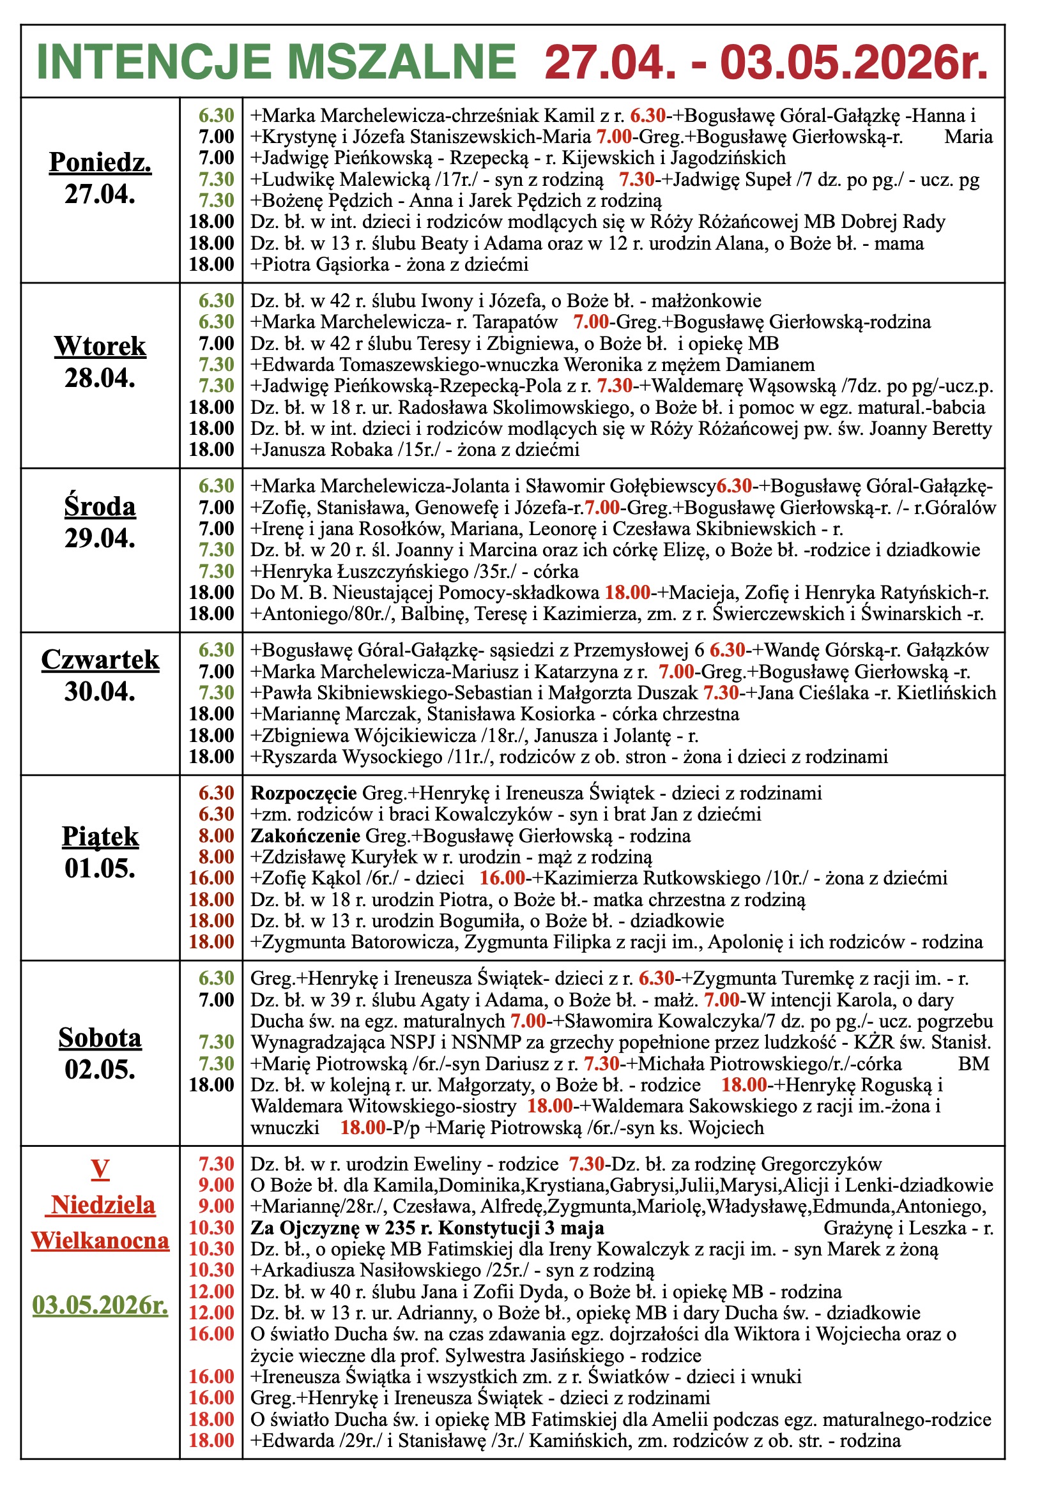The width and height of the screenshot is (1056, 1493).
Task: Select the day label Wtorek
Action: click(100, 346)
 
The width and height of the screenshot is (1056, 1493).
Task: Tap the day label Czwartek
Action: click(100, 660)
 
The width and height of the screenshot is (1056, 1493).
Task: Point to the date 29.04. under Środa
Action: click(100, 538)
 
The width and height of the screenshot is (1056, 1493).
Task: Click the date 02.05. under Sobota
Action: click(100, 1069)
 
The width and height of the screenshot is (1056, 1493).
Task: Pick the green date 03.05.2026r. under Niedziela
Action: click(100, 1305)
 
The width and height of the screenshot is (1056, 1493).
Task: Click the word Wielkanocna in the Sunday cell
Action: click(100, 1241)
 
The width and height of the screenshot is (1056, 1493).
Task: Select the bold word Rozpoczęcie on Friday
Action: click(304, 793)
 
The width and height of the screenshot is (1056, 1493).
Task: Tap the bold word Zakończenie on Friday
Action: click(306, 836)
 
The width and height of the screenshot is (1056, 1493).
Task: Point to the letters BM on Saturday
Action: click(974, 1064)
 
